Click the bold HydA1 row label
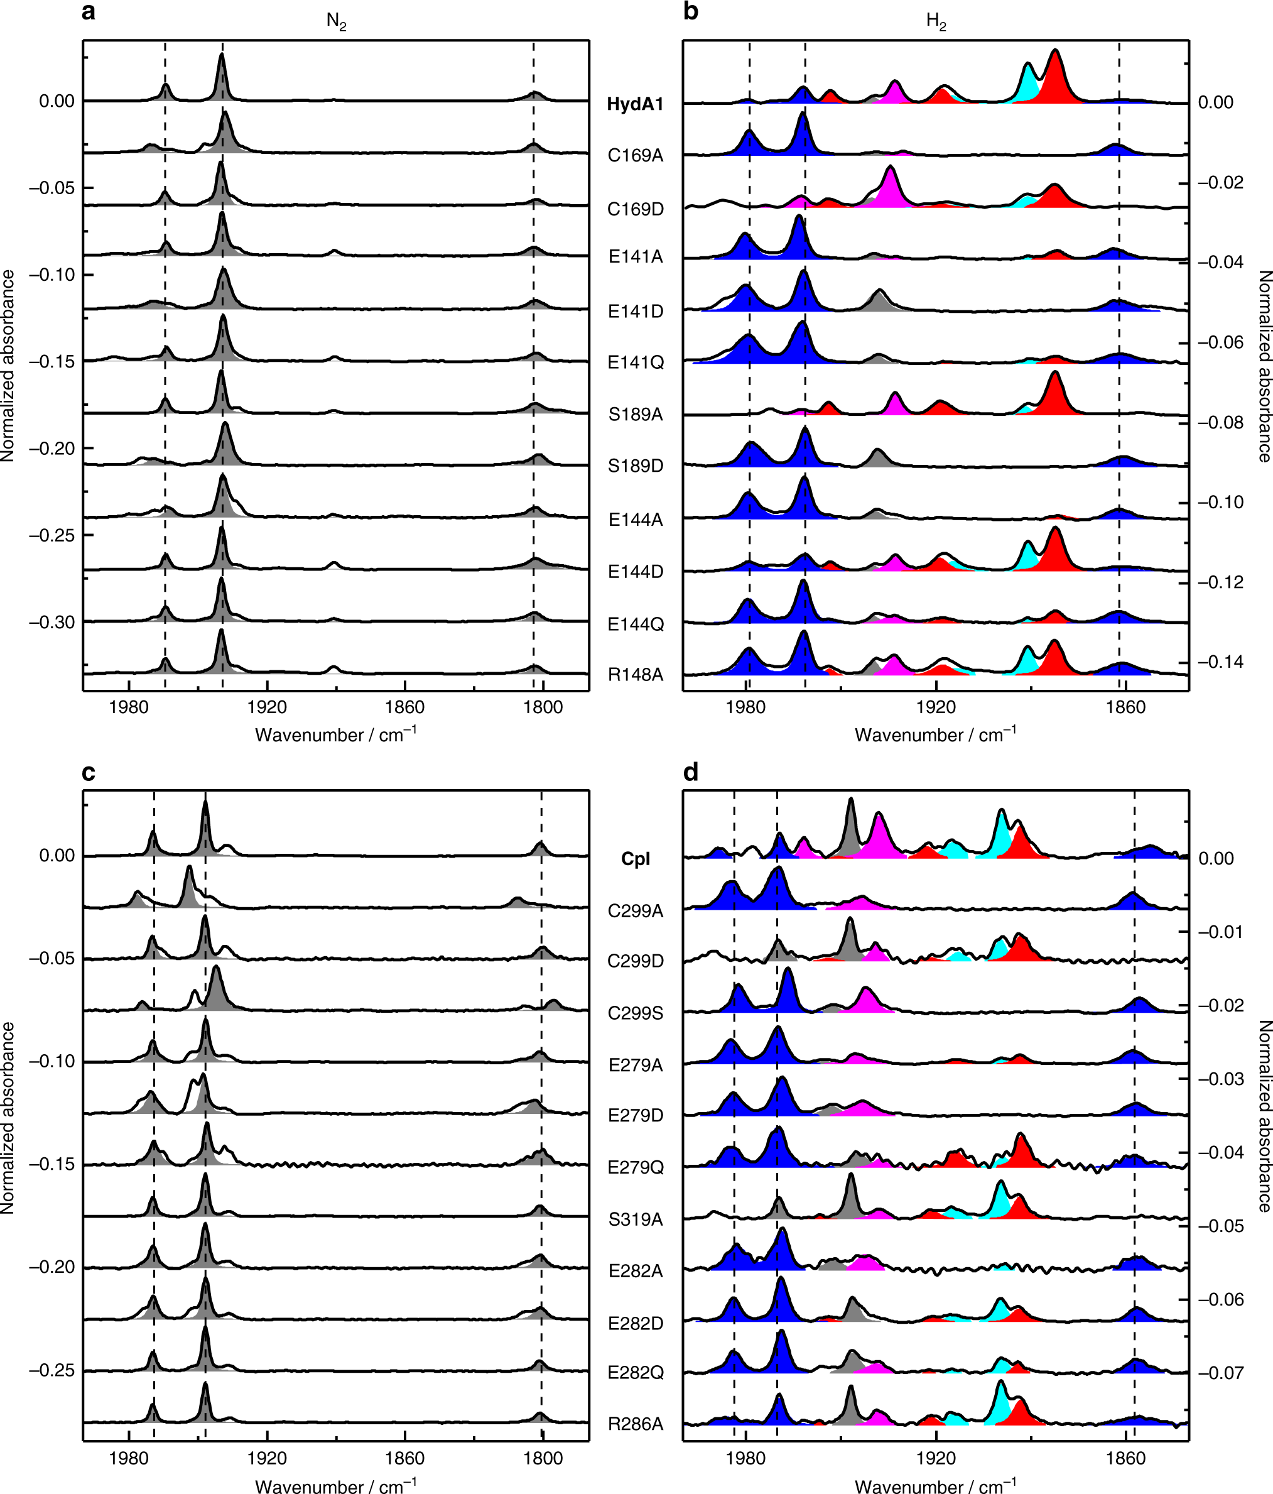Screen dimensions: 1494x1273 point(634,104)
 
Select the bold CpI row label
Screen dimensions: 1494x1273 point(635,859)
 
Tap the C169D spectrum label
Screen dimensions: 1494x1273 point(635,209)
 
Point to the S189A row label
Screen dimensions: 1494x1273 point(635,415)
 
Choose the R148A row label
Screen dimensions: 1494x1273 point(635,675)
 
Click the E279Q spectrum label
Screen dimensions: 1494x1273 point(635,1167)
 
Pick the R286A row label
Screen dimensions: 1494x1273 point(635,1424)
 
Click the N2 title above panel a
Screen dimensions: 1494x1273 point(336,21)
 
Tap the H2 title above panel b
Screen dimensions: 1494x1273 point(936,21)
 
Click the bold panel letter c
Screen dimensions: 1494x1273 point(89,773)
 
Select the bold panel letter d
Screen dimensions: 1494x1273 point(691,773)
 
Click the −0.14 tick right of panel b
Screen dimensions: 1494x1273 point(1220,662)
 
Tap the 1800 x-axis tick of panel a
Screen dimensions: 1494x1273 point(543,707)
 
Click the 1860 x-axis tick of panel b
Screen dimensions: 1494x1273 point(1125,707)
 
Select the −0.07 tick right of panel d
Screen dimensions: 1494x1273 point(1220,1373)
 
